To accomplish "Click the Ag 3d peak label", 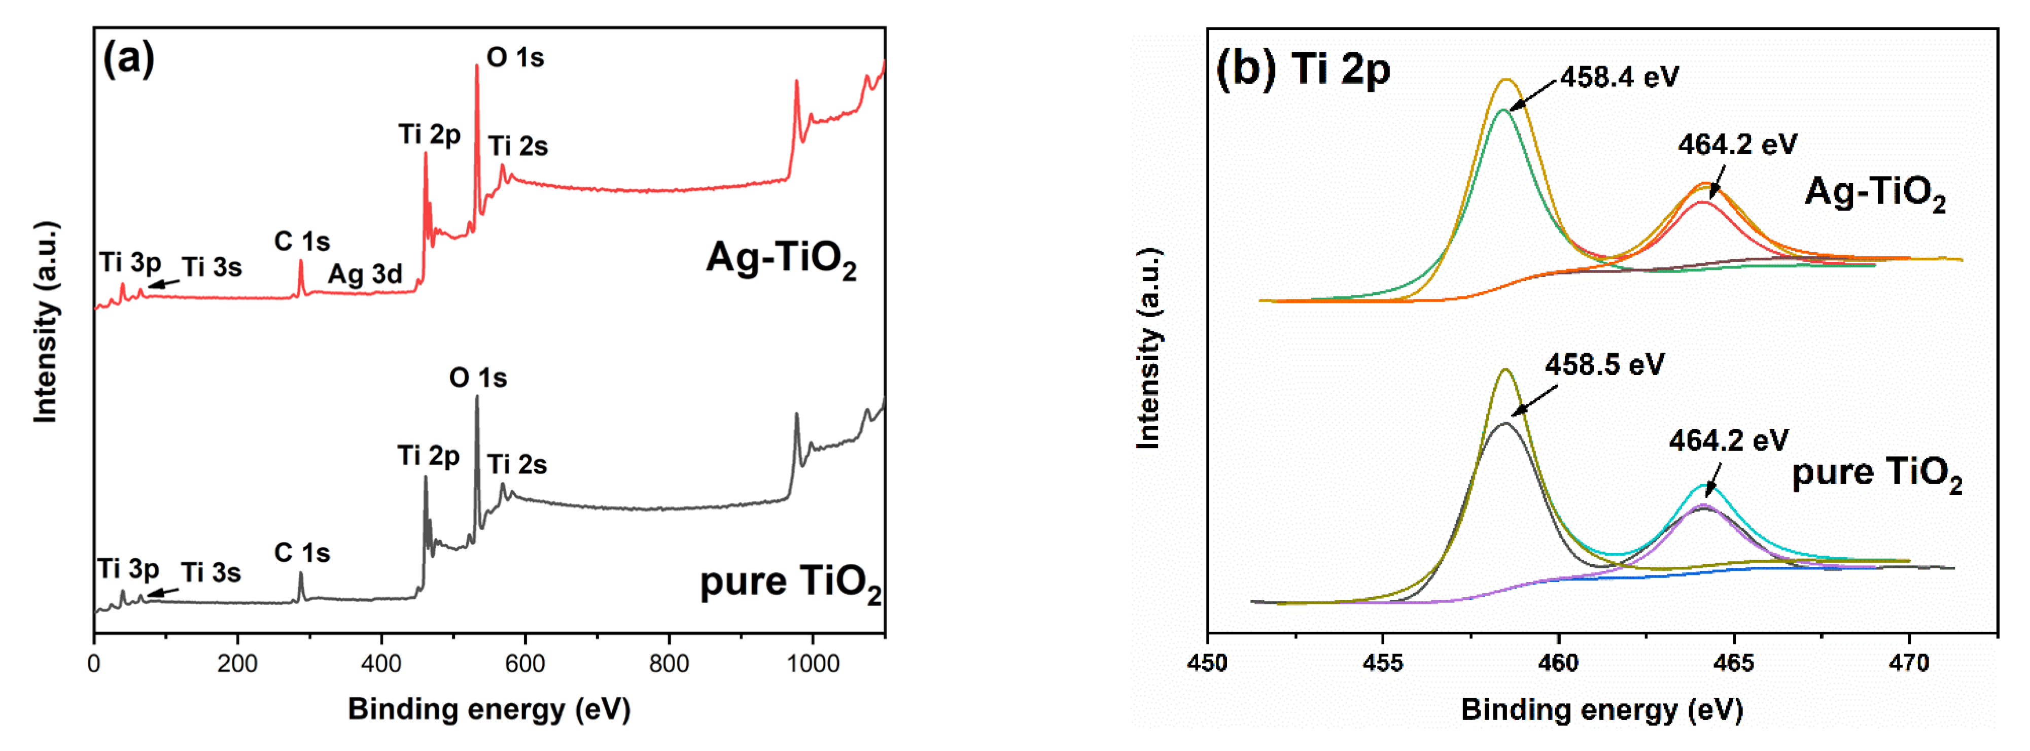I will click(x=365, y=274).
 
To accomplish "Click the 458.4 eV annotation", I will click(x=1620, y=77).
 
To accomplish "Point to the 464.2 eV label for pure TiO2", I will click(x=1728, y=440).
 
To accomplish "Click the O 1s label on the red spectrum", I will click(x=515, y=57).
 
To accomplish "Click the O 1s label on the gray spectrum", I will click(x=477, y=378).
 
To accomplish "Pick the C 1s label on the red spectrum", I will click(x=302, y=241).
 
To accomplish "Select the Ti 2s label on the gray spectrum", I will click(x=517, y=465).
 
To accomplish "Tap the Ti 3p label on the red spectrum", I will click(x=130, y=262).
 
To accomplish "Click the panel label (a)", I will click(x=128, y=59).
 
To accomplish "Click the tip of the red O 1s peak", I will click(x=477, y=66).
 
